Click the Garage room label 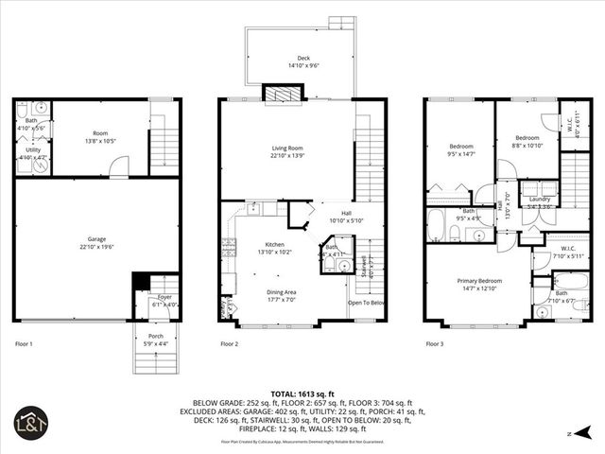click(x=97, y=243)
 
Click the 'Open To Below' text click(x=365, y=303)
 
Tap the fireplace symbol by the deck click(x=283, y=92)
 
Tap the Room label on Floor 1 click(x=100, y=134)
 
